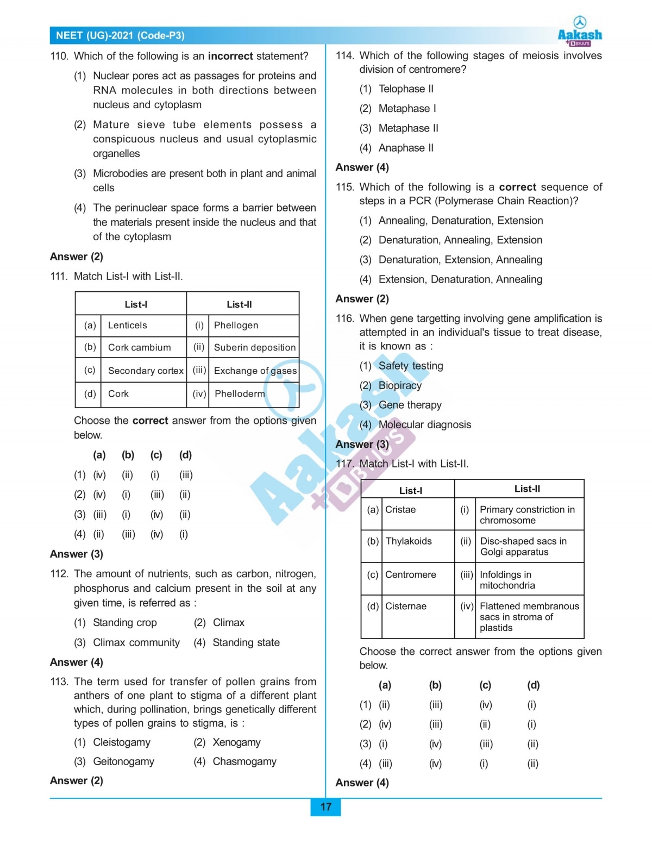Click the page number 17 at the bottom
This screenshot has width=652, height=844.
[325, 807]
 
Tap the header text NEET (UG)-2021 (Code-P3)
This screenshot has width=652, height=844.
[120, 36]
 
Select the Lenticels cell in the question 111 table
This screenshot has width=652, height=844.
[128, 325]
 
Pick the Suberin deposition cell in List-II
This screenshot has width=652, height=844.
[254, 347]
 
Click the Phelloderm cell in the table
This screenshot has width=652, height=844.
[240, 393]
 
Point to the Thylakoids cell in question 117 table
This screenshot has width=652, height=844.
[409, 541]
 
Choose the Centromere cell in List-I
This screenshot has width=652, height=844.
[410, 574]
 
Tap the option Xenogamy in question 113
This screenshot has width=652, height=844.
[236, 742]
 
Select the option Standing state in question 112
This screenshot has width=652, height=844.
[246, 642]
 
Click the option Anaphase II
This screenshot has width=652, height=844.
[406, 148]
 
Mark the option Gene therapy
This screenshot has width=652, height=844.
[410, 405]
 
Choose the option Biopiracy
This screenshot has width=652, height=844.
[400, 385]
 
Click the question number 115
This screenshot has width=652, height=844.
[344, 187]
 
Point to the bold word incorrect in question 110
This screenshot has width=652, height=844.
[230, 56]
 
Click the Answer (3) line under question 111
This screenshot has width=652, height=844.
[77, 554]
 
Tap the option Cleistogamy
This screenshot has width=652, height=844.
[122, 742]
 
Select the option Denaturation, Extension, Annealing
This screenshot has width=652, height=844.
[460, 260]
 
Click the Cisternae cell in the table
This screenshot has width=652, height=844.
[406, 606]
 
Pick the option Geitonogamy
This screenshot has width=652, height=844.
[123, 761]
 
